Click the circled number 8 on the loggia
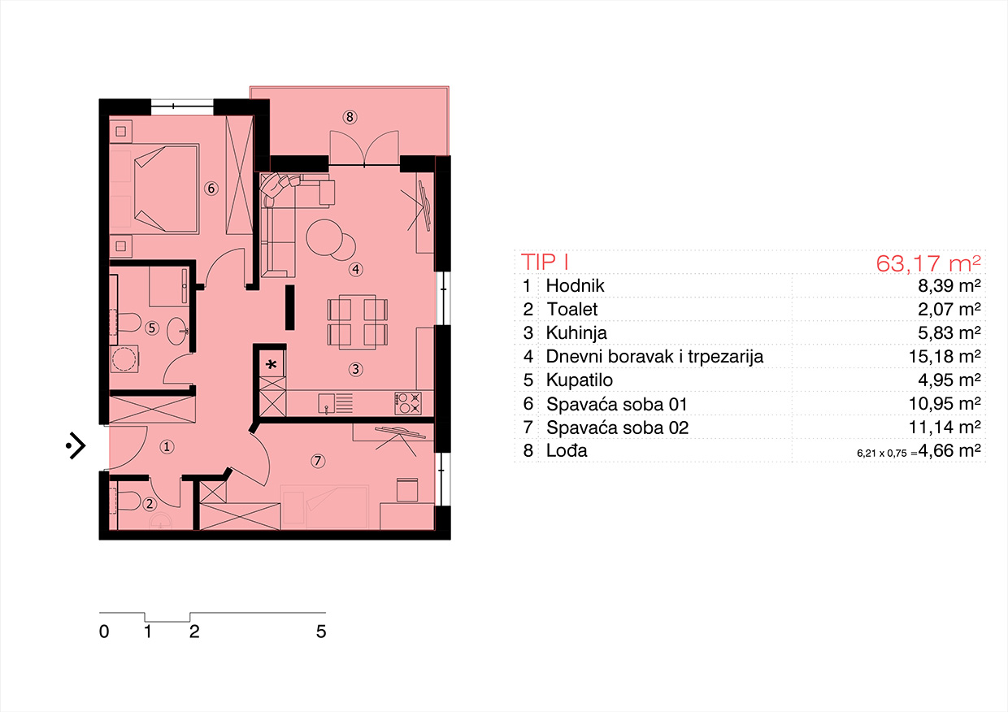350,118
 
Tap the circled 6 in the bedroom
211,188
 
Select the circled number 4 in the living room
356,270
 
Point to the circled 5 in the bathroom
152,328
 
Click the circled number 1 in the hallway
167,447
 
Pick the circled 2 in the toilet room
150,504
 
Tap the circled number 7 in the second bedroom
318,461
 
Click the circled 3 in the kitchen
355,370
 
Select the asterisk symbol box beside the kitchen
272,363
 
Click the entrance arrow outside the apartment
76,446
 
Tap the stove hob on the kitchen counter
408,403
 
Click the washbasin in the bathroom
177,332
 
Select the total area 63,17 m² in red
928,263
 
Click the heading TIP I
545,263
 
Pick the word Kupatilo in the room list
579,380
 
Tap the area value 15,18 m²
945,357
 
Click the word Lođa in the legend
567,450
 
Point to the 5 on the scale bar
321,632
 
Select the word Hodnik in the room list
575,286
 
